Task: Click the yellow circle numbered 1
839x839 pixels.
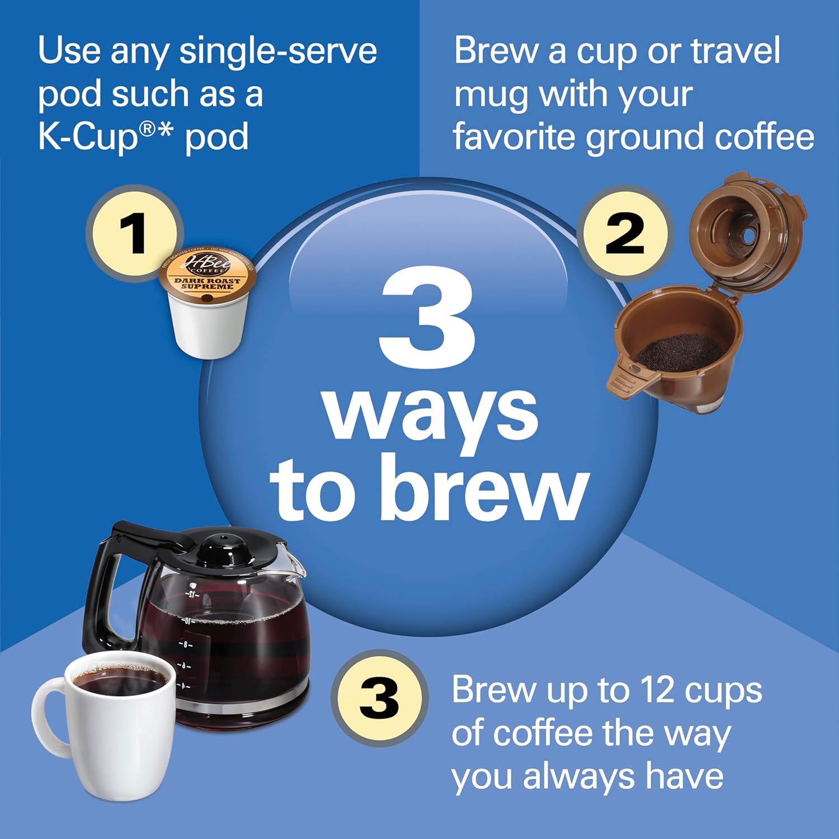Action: point(133,233)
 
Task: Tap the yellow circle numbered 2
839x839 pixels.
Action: point(625,233)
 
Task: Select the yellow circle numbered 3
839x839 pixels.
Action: point(379,698)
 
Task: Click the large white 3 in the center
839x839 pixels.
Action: point(427,319)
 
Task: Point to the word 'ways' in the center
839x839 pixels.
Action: point(431,414)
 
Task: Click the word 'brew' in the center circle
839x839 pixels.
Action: point(487,488)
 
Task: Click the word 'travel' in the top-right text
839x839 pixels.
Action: point(736,51)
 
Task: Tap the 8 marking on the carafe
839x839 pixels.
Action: point(185,645)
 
